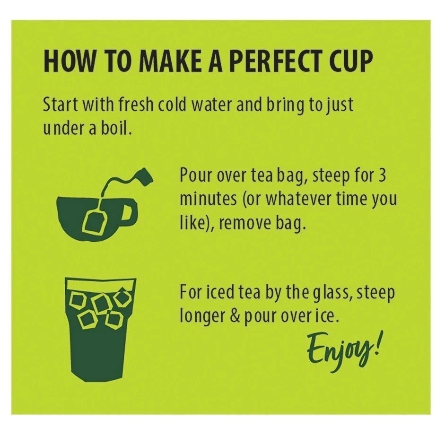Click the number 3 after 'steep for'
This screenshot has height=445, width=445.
click(x=382, y=175)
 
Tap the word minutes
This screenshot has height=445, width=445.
click(x=208, y=199)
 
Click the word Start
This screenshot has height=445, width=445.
click(x=60, y=105)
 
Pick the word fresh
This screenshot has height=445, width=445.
click(x=136, y=105)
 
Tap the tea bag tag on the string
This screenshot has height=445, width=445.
click(x=145, y=176)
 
